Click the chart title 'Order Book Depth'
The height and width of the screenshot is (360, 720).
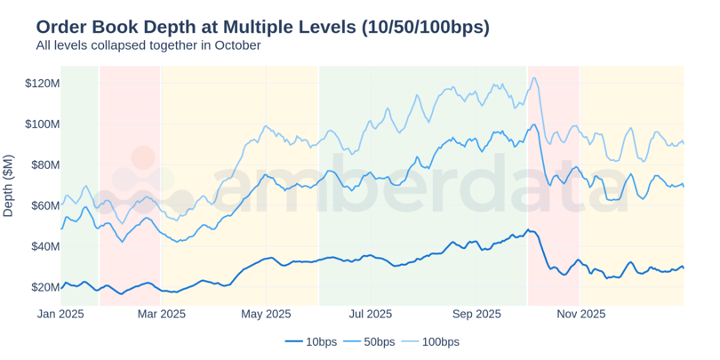click(262, 27)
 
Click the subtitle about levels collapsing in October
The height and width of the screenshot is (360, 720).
click(148, 45)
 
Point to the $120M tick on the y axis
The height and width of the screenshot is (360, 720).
click(42, 84)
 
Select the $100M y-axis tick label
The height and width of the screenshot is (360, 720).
click(42, 124)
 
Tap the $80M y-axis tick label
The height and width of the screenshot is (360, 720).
click(44, 165)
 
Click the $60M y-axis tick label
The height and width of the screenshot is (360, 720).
click(44, 206)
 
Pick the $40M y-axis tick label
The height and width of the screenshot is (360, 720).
click(44, 246)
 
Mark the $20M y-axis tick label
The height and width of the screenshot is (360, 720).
click(44, 287)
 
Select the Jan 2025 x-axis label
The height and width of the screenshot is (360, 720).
click(60, 314)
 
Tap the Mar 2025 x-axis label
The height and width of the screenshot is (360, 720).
click(161, 314)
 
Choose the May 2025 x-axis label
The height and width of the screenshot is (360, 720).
click(266, 314)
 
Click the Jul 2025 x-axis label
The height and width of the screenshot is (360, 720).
click(370, 314)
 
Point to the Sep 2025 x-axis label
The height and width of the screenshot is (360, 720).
click(476, 314)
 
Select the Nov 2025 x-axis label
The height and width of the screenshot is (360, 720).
click(580, 314)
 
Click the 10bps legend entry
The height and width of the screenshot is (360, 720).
click(311, 341)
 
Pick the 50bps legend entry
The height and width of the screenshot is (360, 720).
click(378, 341)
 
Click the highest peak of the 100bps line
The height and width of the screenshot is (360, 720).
click(533, 77)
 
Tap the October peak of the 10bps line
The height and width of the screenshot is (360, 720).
click(528, 230)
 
